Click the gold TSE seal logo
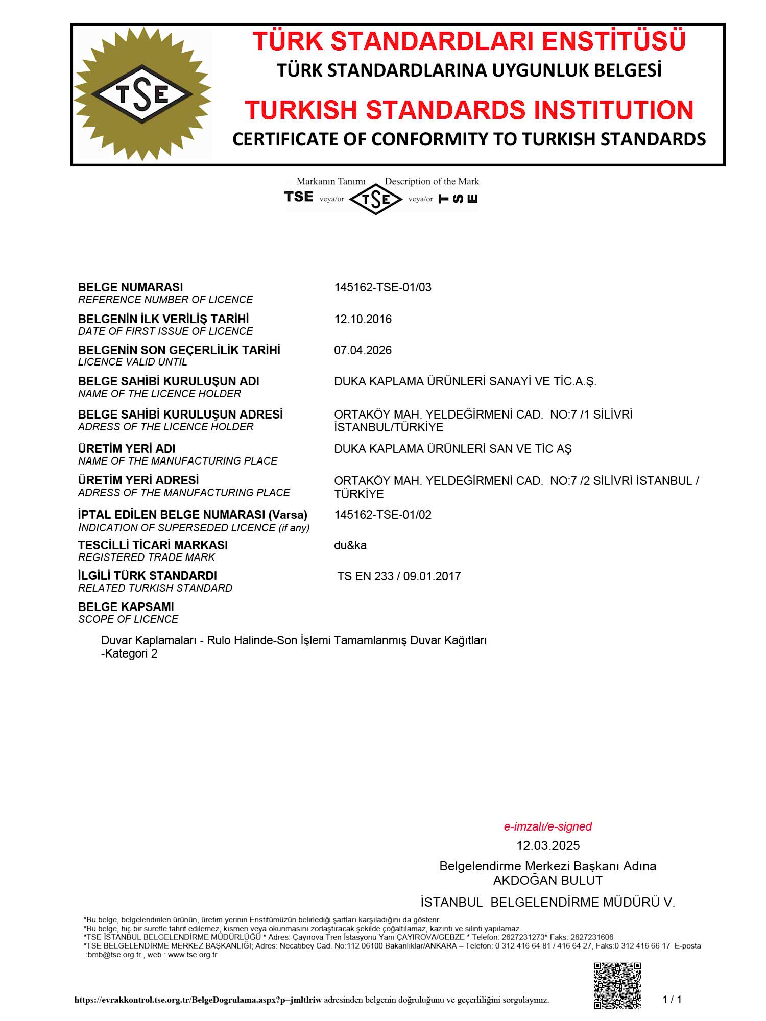[x=142, y=94]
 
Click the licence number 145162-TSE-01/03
[x=382, y=287]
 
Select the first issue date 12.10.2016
[x=363, y=319]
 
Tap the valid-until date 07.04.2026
[x=363, y=350]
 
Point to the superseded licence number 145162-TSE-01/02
[x=382, y=515]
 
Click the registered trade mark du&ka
[x=350, y=545]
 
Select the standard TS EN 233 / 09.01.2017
[x=399, y=576]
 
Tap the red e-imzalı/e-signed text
[x=547, y=826]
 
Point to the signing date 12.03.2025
[x=547, y=846]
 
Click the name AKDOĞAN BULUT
[x=547, y=880]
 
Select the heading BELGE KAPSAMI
[x=126, y=607]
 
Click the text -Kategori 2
[x=129, y=654]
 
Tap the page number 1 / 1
[x=672, y=1000]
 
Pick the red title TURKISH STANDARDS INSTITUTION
[x=469, y=110]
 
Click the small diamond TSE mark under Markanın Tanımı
[x=376, y=199]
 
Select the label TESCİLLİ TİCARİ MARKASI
[x=153, y=545]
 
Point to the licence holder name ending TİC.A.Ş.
[x=465, y=381]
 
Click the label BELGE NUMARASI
[x=130, y=287]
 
